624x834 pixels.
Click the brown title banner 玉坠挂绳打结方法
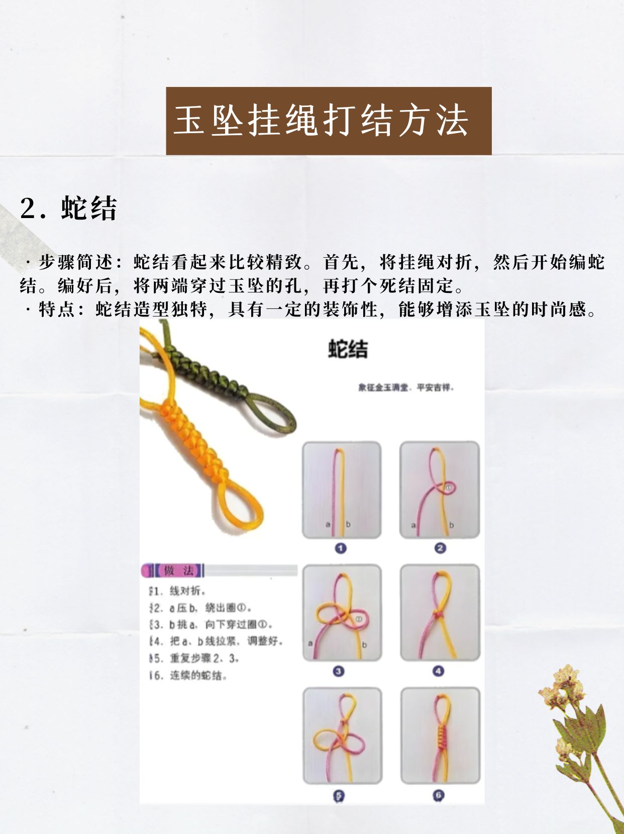329,121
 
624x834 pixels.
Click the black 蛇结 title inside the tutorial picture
348,349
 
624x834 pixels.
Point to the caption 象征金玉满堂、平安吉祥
406,387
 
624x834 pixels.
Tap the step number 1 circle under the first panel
341,548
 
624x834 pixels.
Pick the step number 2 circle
440,548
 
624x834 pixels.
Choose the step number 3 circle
339,671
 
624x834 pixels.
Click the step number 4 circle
438,671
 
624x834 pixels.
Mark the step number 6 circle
438,795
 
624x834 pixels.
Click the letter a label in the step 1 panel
328,525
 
